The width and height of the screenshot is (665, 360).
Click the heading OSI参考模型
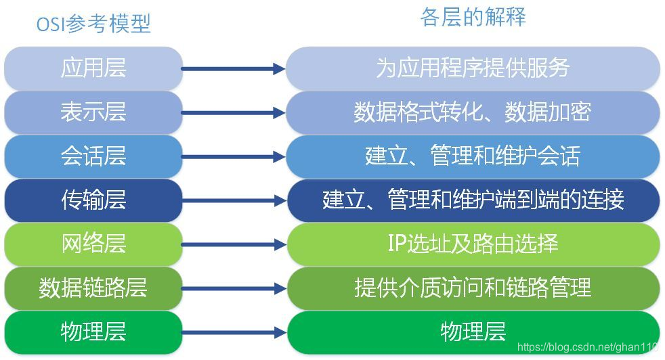pos(93,24)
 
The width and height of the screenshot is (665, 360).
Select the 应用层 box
pos(93,68)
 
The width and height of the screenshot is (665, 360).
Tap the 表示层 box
pos(93,112)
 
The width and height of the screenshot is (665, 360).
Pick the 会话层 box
pos(93,156)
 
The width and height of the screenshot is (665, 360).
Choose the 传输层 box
pos(93,200)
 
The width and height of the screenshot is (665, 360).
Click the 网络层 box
pos(93,244)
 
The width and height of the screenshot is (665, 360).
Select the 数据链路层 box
pos(93,288)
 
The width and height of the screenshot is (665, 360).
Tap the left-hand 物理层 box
pos(93,332)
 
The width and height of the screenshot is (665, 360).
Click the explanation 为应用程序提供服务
pos(473,68)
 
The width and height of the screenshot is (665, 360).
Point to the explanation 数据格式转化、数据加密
pos(473,112)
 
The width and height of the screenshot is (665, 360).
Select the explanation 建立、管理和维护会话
pos(473,156)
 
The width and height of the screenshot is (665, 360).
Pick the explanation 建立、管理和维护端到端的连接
pos(473,200)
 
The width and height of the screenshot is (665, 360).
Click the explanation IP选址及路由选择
pos(473,244)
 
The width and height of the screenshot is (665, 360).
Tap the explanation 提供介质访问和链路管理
pos(473,288)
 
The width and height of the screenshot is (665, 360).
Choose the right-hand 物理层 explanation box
pos(473,332)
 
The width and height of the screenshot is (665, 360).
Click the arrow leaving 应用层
pos(234,68)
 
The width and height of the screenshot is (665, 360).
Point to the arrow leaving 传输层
pos(234,200)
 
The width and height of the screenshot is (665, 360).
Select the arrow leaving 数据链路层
pos(234,288)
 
